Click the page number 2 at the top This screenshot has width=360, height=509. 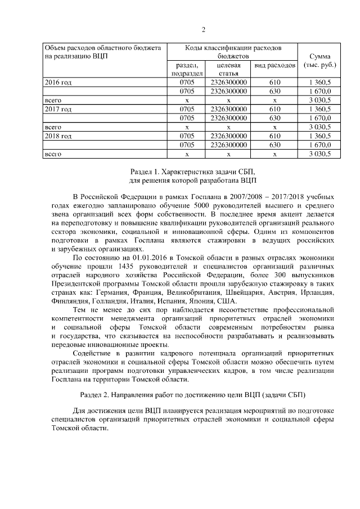pyautogui.click(x=204, y=30)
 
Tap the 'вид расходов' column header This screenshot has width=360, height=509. pyautogui.click(x=275, y=65)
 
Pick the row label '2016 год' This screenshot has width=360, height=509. pyautogui.click(x=58, y=82)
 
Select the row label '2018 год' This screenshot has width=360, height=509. pyautogui.click(x=58, y=136)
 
